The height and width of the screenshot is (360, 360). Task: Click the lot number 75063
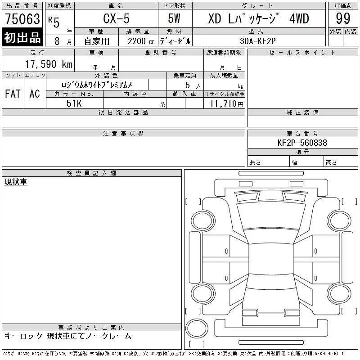pos(22,19)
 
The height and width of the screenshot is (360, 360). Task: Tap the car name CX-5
pos(116,18)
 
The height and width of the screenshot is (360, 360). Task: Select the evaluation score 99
pos(343,18)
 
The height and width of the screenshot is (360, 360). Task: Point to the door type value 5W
pos(174,18)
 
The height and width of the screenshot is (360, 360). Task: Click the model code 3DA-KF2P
pos(257,41)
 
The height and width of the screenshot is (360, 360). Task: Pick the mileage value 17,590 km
pos(49,64)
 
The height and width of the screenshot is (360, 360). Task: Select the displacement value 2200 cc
pos(141,41)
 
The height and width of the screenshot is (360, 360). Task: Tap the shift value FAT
pos(13,94)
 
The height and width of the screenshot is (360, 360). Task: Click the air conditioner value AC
pos(35,94)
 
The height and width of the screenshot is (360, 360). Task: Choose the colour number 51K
pos(74,103)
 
